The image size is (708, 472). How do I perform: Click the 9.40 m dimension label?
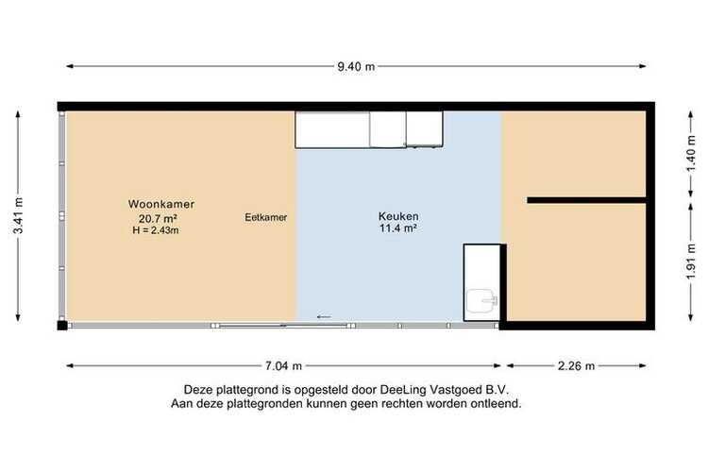point(356,66)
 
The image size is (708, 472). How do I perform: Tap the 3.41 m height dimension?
point(19,216)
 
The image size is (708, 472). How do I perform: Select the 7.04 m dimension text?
point(283,366)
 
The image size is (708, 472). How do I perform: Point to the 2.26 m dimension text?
point(576,366)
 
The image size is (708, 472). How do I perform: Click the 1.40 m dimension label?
point(691,155)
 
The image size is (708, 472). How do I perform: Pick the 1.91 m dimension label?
point(691,261)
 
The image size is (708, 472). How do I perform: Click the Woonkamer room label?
point(161,204)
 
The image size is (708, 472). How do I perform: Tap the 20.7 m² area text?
point(158,219)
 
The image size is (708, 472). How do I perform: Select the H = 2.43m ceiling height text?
point(156,230)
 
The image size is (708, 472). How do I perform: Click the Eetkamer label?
point(266,217)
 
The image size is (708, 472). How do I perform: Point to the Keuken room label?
point(398,216)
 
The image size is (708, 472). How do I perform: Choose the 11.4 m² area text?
point(397,228)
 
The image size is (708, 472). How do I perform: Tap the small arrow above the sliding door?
point(324,317)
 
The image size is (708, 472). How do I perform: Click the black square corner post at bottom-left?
point(62,325)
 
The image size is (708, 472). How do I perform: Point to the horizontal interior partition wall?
point(586,200)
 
